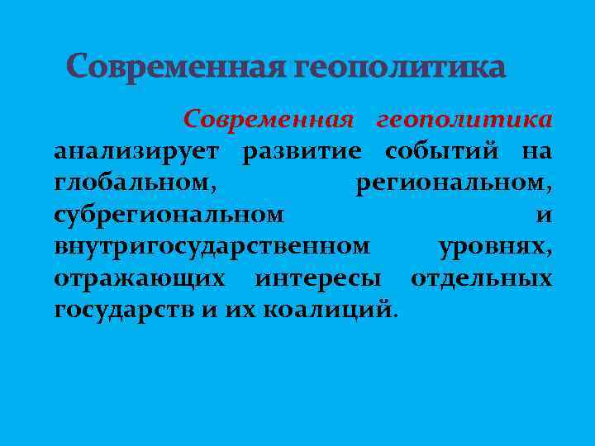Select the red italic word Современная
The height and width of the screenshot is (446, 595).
pyautogui.click(x=269, y=121)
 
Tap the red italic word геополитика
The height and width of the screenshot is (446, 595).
pyautogui.click(x=464, y=121)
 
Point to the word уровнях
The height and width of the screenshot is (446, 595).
pyautogui.click(x=495, y=246)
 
